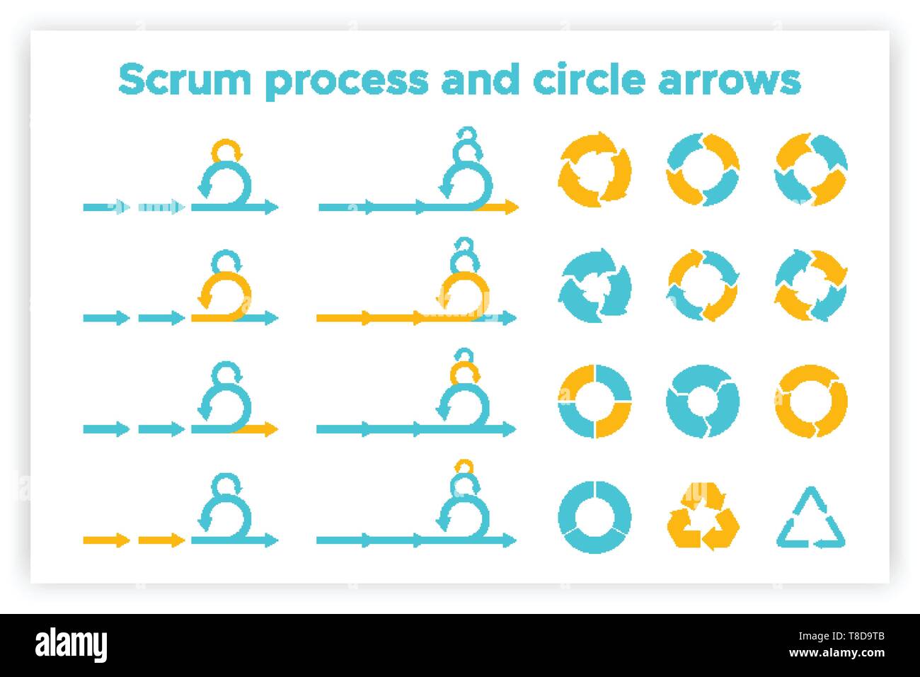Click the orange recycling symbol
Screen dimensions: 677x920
pyautogui.click(x=703, y=515)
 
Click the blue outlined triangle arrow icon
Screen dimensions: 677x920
pyautogui.click(x=811, y=522)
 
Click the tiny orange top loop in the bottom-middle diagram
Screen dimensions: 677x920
pyautogui.click(x=464, y=465)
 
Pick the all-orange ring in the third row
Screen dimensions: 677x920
pyautogui.click(x=811, y=401)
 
